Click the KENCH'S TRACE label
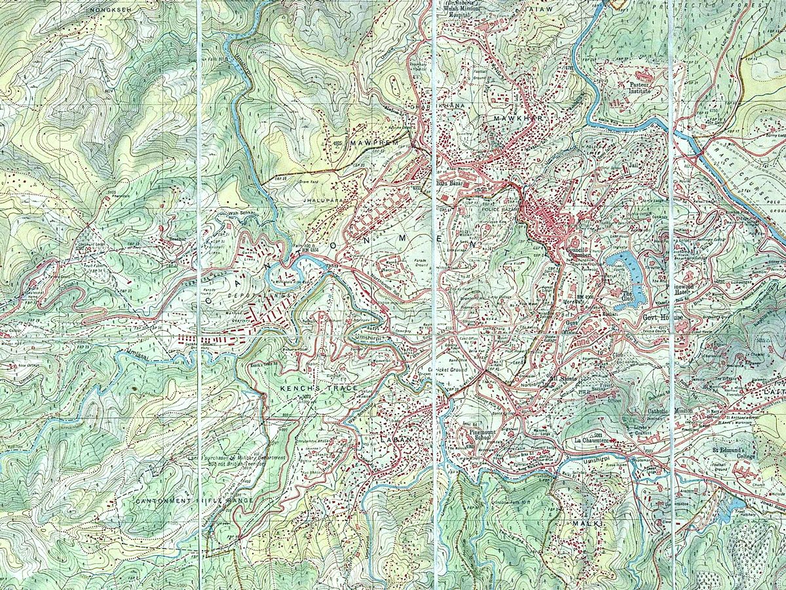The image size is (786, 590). [319, 389]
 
